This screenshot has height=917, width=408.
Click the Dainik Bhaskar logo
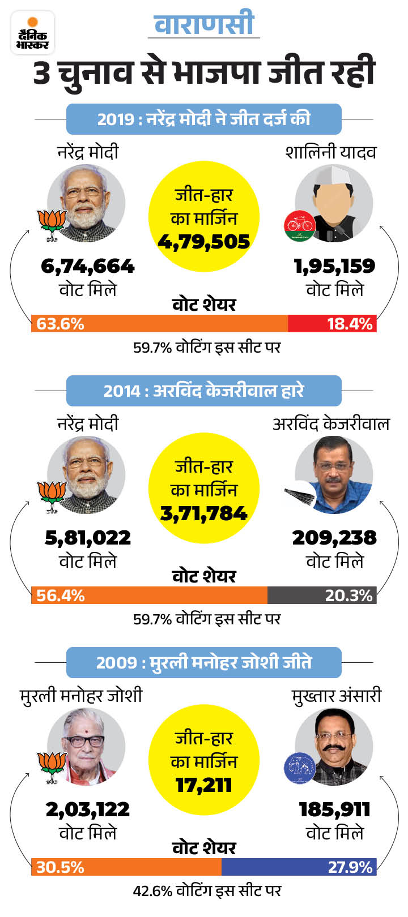click(x=33, y=33)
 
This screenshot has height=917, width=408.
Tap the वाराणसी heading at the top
click(x=204, y=25)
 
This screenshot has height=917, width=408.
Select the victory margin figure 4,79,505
click(x=204, y=242)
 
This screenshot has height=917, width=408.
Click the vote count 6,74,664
click(x=88, y=266)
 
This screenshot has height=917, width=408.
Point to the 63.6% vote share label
click(x=61, y=324)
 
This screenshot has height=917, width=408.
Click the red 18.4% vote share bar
click(x=332, y=324)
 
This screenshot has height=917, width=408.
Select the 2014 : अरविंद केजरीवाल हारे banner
click(x=204, y=391)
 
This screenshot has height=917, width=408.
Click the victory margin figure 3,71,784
click(x=204, y=514)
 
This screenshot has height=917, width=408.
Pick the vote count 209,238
click(x=334, y=538)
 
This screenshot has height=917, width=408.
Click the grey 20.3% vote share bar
click(x=322, y=595)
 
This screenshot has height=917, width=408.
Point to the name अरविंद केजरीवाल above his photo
click(x=331, y=424)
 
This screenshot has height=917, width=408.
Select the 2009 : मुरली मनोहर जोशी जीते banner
click(x=204, y=663)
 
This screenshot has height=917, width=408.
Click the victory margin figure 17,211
click(x=204, y=786)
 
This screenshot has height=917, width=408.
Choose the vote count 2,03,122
click(x=88, y=809)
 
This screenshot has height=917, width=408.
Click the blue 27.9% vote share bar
click(x=299, y=867)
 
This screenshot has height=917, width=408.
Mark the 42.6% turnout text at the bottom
click(x=207, y=891)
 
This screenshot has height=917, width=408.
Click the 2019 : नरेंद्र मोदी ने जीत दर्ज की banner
click(x=204, y=119)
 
